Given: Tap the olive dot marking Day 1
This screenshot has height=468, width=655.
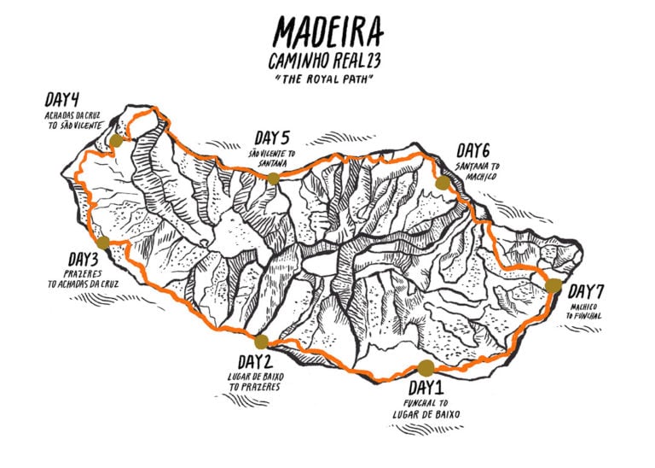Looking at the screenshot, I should pos(426,368).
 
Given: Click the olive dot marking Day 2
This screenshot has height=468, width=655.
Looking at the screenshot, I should pos(261,342).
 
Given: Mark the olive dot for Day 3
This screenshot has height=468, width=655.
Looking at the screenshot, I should pos(102,242).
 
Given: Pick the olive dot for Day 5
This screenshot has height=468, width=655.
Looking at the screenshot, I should pos(273,178).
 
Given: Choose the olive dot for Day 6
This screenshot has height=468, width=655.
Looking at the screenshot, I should pos(442,183).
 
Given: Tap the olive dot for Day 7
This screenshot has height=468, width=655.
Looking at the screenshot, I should pos(554,285).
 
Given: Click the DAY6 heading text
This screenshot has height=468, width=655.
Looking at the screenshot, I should pos(473,151).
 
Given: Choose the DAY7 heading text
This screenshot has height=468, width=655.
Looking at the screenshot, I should pos(588,290).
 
